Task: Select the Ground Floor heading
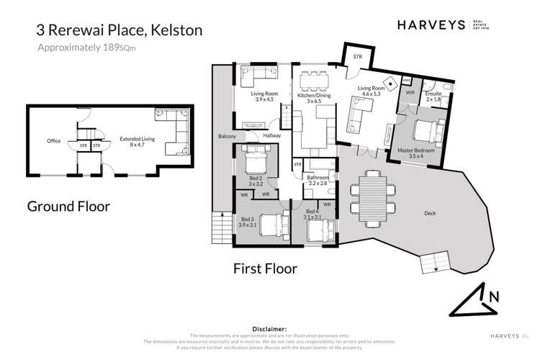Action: point(68,207)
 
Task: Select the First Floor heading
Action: point(265,269)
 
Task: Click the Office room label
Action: point(53,141)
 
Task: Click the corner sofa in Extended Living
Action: point(174,125)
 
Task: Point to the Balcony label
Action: point(228,135)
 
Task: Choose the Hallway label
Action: point(271,135)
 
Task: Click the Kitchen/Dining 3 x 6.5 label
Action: point(313,99)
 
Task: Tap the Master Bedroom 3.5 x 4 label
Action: point(415,154)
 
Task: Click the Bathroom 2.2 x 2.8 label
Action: point(318,181)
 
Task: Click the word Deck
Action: point(431,214)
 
